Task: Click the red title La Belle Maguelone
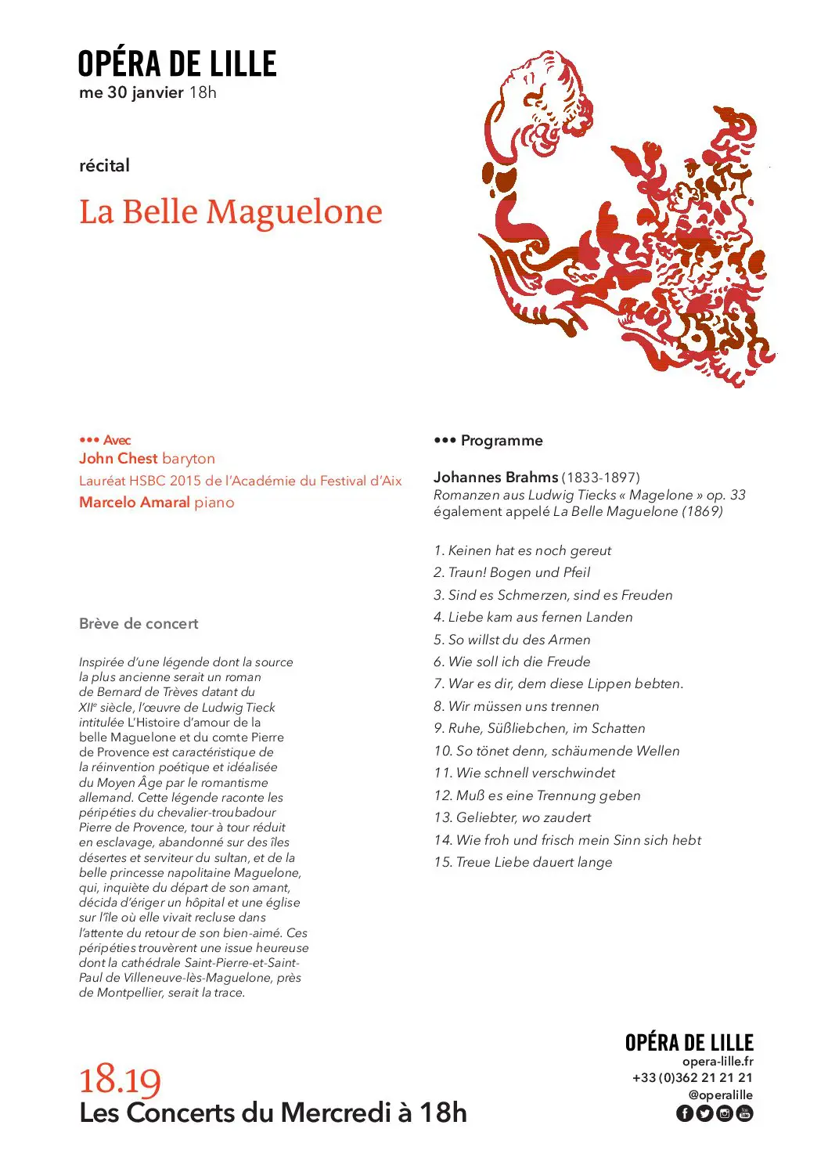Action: (x=231, y=212)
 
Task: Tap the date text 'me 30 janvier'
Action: (x=131, y=92)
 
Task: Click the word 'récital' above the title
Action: (x=104, y=166)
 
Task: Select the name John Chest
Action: (x=118, y=459)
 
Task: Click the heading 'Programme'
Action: (x=501, y=441)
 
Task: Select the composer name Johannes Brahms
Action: (x=495, y=477)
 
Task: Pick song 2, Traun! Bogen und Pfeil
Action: (x=512, y=572)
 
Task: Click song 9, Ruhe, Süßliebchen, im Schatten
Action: (x=539, y=728)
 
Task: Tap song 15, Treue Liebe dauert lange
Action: (x=523, y=862)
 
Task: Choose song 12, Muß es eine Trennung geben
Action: (x=537, y=795)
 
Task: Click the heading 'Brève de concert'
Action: (x=139, y=624)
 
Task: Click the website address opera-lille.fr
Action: (x=718, y=1062)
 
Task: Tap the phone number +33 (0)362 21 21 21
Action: (x=693, y=1078)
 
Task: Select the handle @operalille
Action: (x=720, y=1095)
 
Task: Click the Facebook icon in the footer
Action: (x=684, y=1113)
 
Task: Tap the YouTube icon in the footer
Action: (x=745, y=1113)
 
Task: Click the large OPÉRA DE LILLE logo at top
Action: (x=177, y=64)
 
